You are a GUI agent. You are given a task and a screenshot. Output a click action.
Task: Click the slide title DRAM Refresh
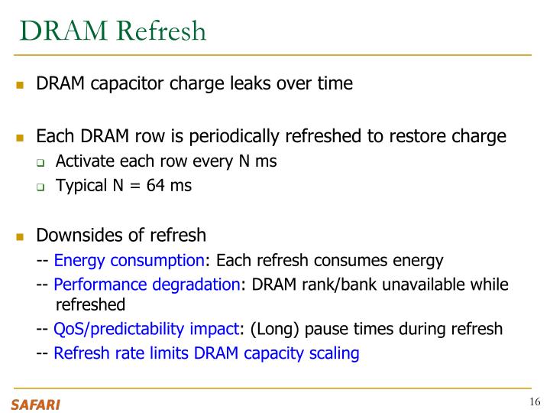tap(113, 31)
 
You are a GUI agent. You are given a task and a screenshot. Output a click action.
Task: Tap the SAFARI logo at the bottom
tap(35, 404)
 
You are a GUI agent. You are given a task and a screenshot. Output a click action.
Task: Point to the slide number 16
tap(534, 402)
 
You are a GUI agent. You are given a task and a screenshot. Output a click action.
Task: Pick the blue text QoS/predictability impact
tap(146, 330)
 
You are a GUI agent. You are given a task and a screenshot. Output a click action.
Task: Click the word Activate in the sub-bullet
tap(83, 162)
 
